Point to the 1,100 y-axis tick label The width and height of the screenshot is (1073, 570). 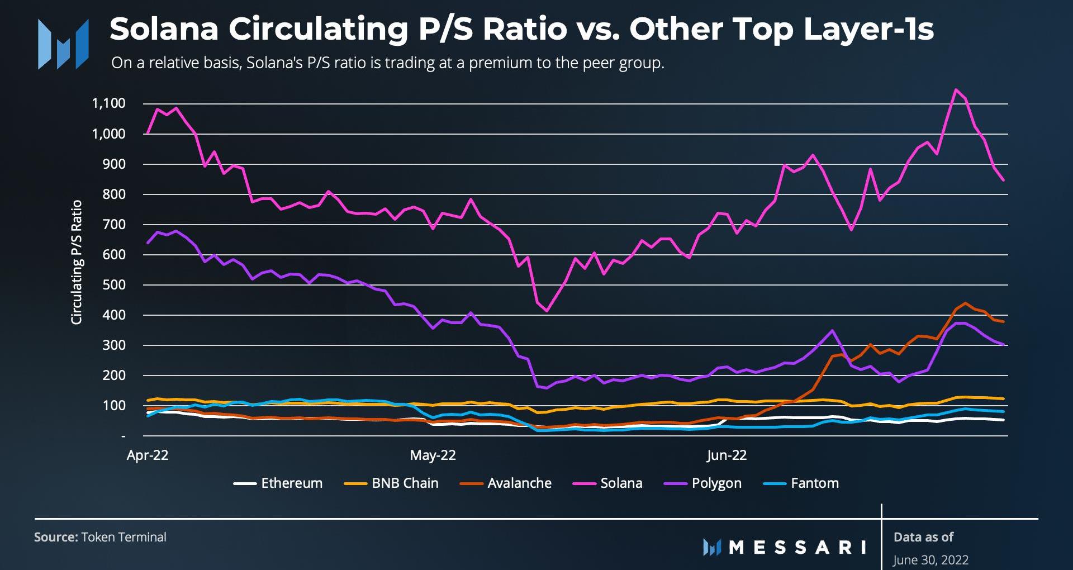108,103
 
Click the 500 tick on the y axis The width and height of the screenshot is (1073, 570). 114,285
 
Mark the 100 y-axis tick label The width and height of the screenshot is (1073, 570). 114,406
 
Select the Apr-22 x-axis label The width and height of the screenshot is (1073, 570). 148,455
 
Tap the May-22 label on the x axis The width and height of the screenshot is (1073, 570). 433,455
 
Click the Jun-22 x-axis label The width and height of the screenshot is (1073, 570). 726,455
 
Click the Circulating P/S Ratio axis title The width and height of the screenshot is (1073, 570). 77,262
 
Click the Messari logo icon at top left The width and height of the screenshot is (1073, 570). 63,44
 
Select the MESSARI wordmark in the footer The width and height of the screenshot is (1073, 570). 797,547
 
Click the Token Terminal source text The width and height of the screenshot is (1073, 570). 124,537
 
